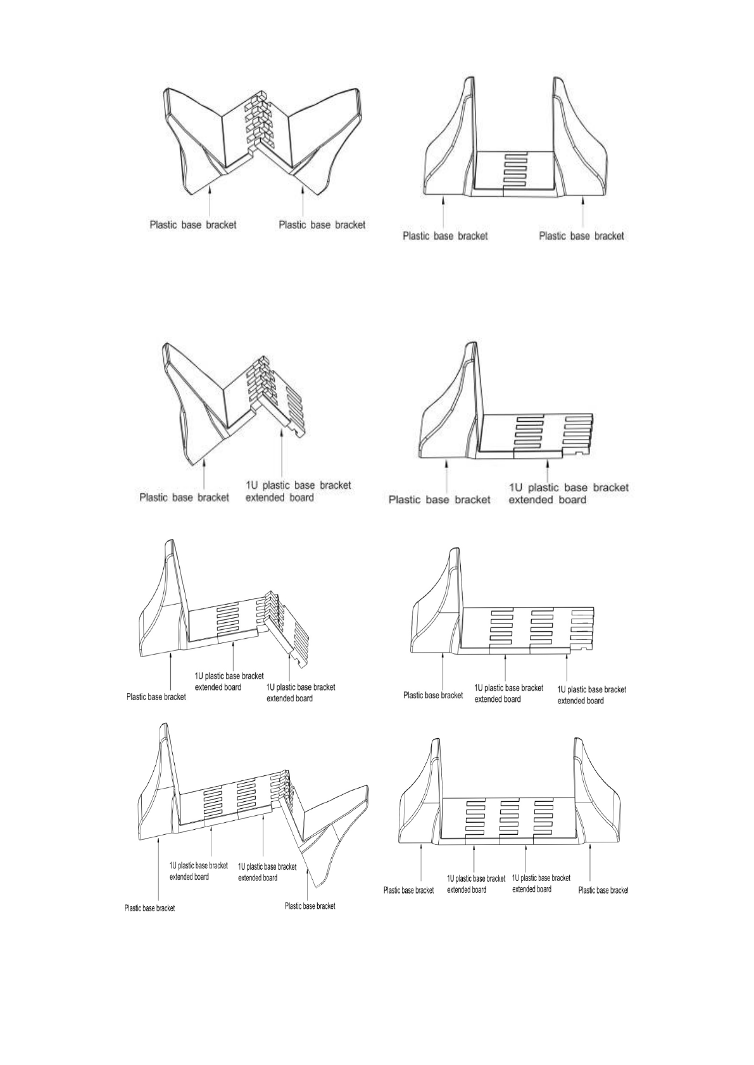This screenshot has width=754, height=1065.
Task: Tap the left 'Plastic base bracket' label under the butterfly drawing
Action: [192, 225]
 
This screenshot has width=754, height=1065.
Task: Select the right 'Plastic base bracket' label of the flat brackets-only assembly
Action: [581, 236]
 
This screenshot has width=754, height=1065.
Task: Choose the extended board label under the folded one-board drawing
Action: [298, 491]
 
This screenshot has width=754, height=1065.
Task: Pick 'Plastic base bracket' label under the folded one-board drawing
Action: [184, 498]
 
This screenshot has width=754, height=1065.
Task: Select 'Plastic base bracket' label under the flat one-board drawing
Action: [439, 500]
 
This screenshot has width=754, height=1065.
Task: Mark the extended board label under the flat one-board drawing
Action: [568, 493]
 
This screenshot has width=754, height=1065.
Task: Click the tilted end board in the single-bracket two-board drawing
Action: [289, 632]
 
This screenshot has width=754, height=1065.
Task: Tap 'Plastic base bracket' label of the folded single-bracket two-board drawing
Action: [156, 697]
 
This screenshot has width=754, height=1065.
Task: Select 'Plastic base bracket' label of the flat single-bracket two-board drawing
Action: [433, 695]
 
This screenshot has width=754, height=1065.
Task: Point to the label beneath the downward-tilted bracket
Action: [310, 906]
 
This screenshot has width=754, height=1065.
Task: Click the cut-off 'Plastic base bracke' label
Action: [603, 890]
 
